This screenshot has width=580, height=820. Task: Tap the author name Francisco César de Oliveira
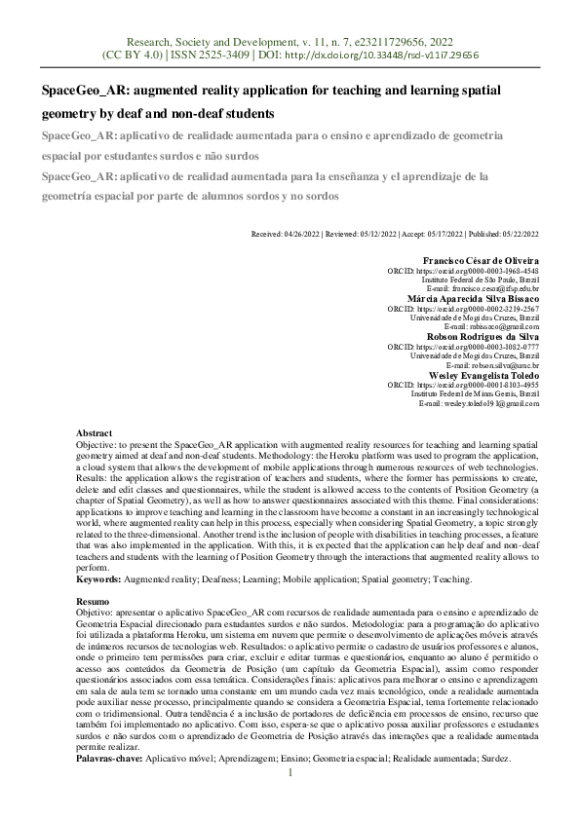tap(485, 261)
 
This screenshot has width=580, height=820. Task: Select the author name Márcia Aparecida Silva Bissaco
tap(473, 298)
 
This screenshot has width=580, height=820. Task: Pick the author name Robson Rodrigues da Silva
tap(485, 336)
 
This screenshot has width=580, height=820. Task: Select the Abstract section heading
tap(94, 432)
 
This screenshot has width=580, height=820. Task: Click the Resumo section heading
tap(93, 603)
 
